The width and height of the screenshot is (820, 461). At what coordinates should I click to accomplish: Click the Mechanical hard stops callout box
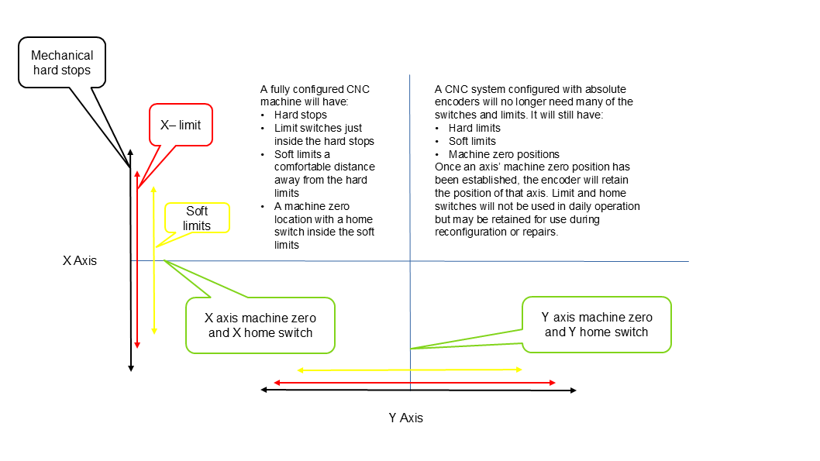point(61,63)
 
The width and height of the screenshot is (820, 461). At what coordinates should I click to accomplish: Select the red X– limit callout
point(180,125)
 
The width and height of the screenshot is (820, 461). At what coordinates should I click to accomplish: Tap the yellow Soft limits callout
point(196,218)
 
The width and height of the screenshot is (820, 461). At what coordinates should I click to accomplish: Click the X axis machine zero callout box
point(260,325)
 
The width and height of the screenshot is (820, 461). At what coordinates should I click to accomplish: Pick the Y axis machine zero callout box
point(596,325)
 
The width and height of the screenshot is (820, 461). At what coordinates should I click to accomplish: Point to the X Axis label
point(80,261)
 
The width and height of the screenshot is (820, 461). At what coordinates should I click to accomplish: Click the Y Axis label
point(406,418)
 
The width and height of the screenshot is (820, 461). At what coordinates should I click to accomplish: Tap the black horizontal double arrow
point(341,390)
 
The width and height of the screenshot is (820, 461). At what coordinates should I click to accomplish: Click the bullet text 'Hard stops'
point(300,115)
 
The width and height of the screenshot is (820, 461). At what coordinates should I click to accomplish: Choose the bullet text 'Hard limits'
point(474,128)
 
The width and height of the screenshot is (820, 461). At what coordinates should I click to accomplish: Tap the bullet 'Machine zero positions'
point(504,154)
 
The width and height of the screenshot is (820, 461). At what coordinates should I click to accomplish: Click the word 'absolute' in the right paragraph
point(605,89)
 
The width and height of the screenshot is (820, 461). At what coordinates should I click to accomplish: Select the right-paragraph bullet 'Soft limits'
point(472,141)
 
